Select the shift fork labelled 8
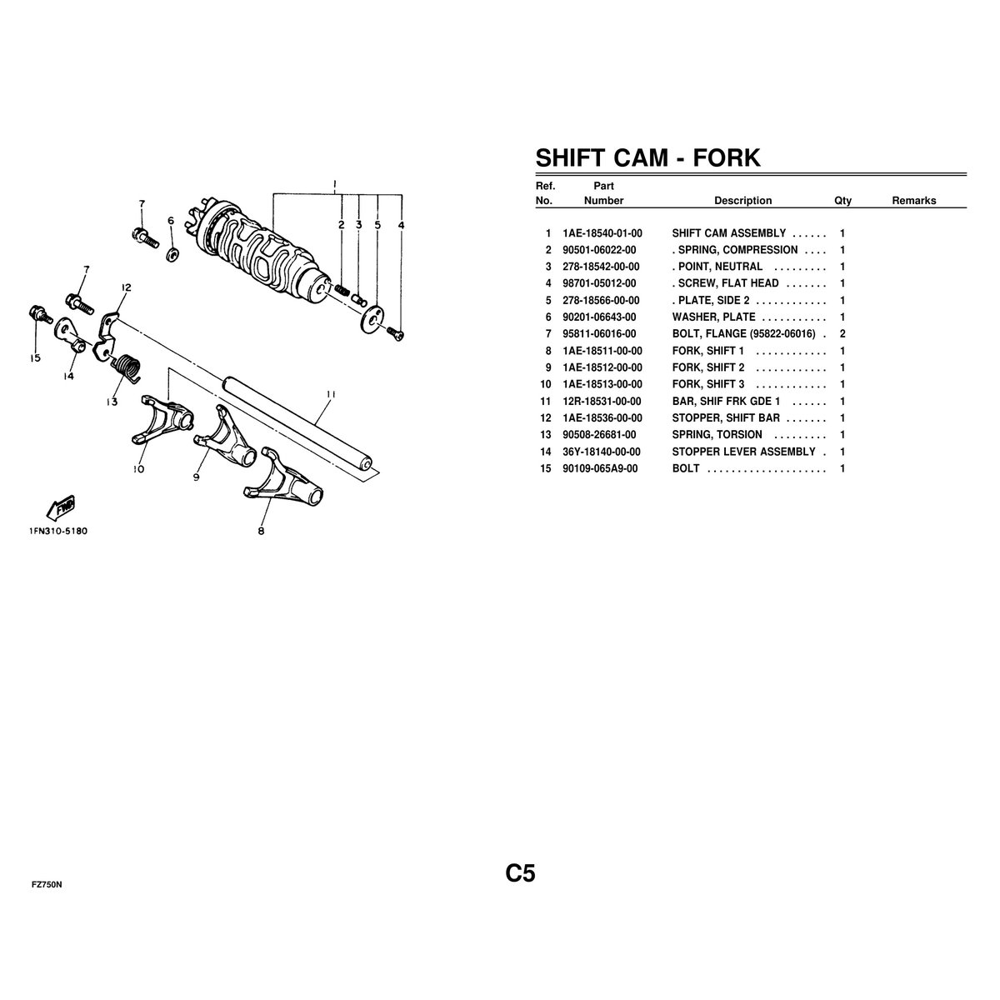click(282, 481)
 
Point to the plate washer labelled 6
click(172, 255)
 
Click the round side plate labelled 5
click(372, 318)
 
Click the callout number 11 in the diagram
click(331, 394)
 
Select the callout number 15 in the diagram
click(35, 358)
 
